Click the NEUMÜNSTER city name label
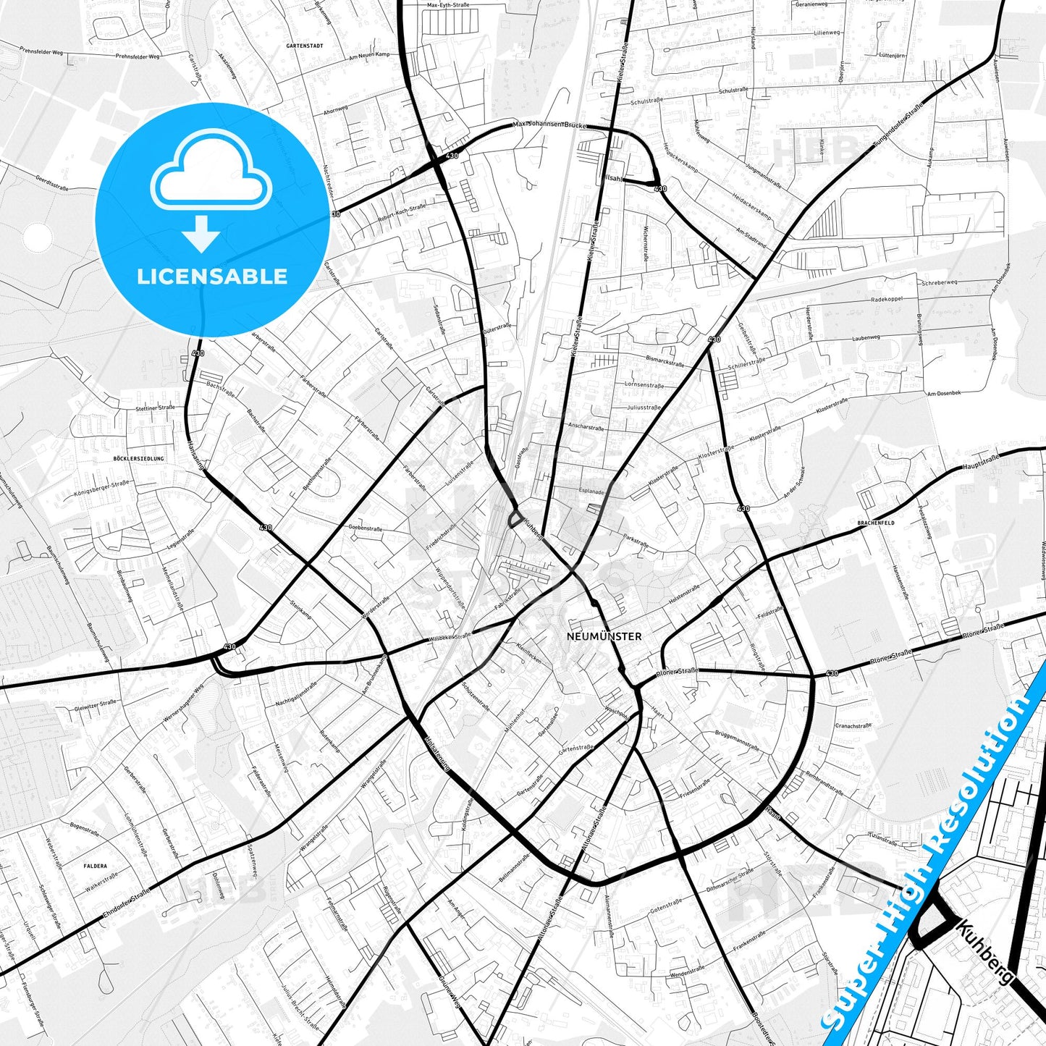604,636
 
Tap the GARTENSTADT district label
304,46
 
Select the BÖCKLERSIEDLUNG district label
139,459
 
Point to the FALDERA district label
95,866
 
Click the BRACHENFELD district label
876,523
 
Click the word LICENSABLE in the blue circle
212,277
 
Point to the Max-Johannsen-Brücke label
549,125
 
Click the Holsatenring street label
437,753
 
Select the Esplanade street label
591,492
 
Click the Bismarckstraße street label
665,360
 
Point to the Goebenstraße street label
365,528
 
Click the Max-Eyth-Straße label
448,5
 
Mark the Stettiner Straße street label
156,408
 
